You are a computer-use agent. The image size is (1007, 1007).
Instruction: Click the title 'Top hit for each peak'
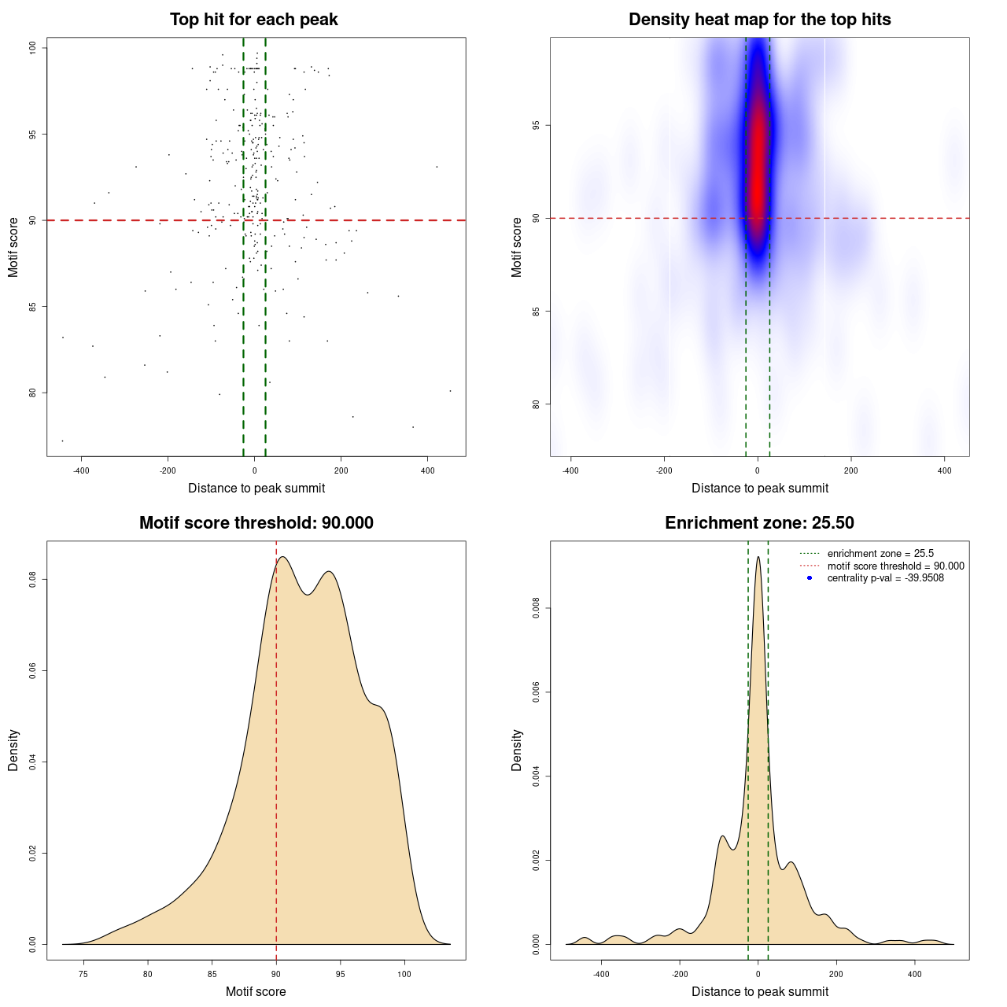(x=253, y=20)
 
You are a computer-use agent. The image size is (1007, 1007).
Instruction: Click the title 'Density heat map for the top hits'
(x=759, y=20)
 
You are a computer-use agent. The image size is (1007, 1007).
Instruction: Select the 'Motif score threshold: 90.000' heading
(x=256, y=523)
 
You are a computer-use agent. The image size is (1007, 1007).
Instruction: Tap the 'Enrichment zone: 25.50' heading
(x=759, y=523)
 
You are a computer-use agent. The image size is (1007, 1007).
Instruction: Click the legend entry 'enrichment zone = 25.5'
(x=880, y=554)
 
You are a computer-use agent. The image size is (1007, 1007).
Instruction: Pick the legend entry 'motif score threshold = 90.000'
(x=895, y=566)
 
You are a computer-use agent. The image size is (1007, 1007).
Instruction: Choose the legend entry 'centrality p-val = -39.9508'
(x=885, y=578)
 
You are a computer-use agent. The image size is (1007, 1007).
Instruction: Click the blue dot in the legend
(x=810, y=578)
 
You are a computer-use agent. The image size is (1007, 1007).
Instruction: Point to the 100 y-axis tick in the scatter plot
(x=33, y=48)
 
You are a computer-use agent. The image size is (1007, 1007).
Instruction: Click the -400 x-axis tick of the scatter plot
(x=82, y=470)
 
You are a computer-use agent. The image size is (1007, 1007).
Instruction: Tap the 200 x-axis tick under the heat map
(x=851, y=470)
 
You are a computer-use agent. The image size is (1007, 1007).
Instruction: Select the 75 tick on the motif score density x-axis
(x=83, y=974)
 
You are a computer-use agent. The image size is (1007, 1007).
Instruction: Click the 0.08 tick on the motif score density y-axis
(x=33, y=580)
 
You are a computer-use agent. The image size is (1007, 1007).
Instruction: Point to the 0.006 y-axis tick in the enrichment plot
(x=537, y=692)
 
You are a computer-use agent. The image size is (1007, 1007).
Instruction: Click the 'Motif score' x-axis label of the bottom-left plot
(x=256, y=991)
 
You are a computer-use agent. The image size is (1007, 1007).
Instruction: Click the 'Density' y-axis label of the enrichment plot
(x=517, y=750)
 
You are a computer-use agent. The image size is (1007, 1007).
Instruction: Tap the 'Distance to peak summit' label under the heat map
(x=759, y=488)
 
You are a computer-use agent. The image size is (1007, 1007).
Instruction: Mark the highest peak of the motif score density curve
(x=282, y=557)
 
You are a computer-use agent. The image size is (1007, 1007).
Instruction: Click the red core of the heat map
(x=757, y=157)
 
